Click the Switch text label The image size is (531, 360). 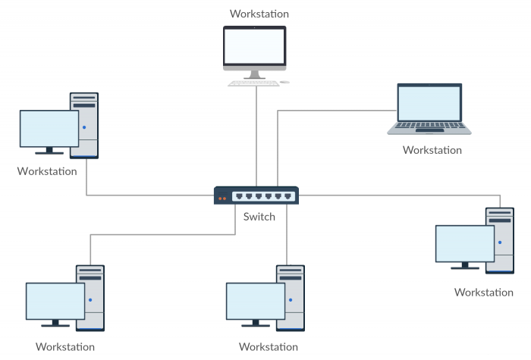[259, 217]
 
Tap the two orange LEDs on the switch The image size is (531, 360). [222, 199]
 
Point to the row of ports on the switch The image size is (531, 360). [262, 196]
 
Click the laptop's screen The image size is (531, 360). [429, 104]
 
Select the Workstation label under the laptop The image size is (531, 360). [432, 150]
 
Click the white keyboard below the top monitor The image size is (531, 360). [253, 82]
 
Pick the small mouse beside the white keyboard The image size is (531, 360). [284, 82]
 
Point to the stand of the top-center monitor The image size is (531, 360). [254, 74]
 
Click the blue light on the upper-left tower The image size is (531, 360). [85, 127]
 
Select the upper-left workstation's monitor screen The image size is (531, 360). [49, 128]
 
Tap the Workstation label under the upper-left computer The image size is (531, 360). [47, 171]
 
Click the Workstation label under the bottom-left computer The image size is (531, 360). [65, 347]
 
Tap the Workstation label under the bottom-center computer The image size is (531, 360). [269, 347]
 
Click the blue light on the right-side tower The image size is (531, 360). [500, 243]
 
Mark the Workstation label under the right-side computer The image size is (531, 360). [483, 292]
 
